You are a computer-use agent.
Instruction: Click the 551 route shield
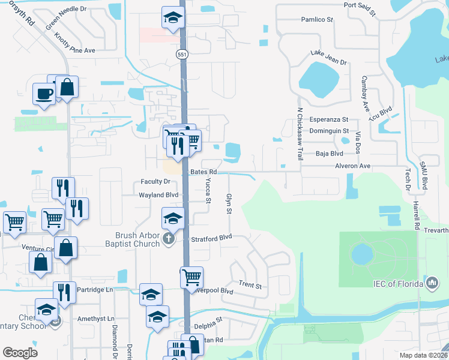(x=182, y=54)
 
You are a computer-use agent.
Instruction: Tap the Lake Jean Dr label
(x=328, y=58)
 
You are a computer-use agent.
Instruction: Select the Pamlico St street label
(x=317, y=20)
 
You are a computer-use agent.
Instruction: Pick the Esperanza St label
(x=328, y=119)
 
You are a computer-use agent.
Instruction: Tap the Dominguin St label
(x=329, y=131)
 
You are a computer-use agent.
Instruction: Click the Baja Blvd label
(x=328, y=153)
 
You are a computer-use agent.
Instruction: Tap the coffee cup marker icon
(x=44, y=94)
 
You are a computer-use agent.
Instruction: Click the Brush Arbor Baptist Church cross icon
(x=169, y=239)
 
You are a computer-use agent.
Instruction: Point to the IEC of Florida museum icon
(x=432, y=284)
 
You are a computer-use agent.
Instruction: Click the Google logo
(x=20, y=353)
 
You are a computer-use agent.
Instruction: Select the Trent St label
(x=250, y=286)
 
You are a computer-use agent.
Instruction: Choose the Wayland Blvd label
(x=158, y=195)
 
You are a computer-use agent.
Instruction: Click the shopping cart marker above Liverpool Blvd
(x=191, y=277)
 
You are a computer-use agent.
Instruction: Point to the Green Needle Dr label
(x=66, y=19)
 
